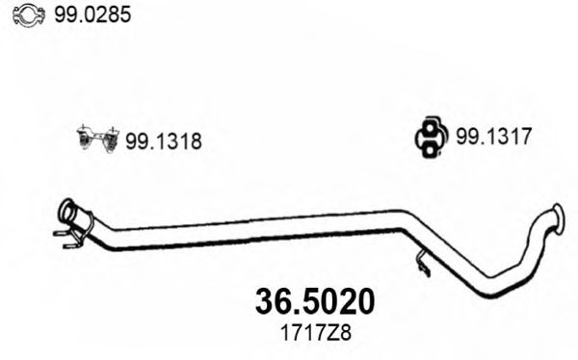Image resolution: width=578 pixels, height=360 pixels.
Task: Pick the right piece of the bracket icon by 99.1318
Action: [109, 140]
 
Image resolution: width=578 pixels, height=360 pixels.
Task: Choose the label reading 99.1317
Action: [494, 138]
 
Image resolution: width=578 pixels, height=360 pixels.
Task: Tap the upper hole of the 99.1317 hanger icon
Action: [430, 130]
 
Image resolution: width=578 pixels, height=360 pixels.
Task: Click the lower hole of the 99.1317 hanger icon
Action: [430, 148]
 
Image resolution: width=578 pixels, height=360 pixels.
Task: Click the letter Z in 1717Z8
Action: [332, 334]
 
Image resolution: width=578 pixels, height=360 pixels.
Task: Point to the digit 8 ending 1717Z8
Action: [345, 334]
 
